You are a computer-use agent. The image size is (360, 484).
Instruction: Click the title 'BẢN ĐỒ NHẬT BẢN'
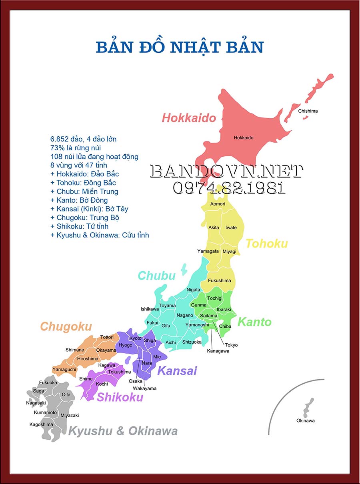[180, 47]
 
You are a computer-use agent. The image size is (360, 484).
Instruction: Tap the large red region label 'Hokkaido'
[189, 118]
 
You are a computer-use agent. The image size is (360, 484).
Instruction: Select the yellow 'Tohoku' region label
[267, 243]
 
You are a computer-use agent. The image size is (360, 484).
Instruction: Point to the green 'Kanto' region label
[254, 322]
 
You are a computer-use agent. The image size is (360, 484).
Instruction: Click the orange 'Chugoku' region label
[66, 327]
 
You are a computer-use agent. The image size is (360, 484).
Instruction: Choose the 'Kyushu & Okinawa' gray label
[123, 431]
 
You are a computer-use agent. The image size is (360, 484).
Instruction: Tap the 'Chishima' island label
[308, 111]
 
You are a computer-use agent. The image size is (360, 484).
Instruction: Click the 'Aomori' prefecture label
[218, 204]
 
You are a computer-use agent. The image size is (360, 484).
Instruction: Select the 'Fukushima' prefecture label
[220, 280]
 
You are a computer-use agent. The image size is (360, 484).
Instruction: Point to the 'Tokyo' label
[231, 345]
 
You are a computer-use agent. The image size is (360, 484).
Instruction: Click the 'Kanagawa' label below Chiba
[218, 351]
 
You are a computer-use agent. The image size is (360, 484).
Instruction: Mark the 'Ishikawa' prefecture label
[150, 309]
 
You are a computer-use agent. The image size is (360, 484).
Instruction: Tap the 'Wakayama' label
[145, 388]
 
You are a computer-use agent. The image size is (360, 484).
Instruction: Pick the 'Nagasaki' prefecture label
[36, 403]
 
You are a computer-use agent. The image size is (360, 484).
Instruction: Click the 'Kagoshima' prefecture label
[41, 424]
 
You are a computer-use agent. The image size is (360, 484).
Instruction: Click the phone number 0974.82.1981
[229, 187]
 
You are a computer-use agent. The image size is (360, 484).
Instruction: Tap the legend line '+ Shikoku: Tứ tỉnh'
[79, 226]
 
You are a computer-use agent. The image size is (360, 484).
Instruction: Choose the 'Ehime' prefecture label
[86, 379]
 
